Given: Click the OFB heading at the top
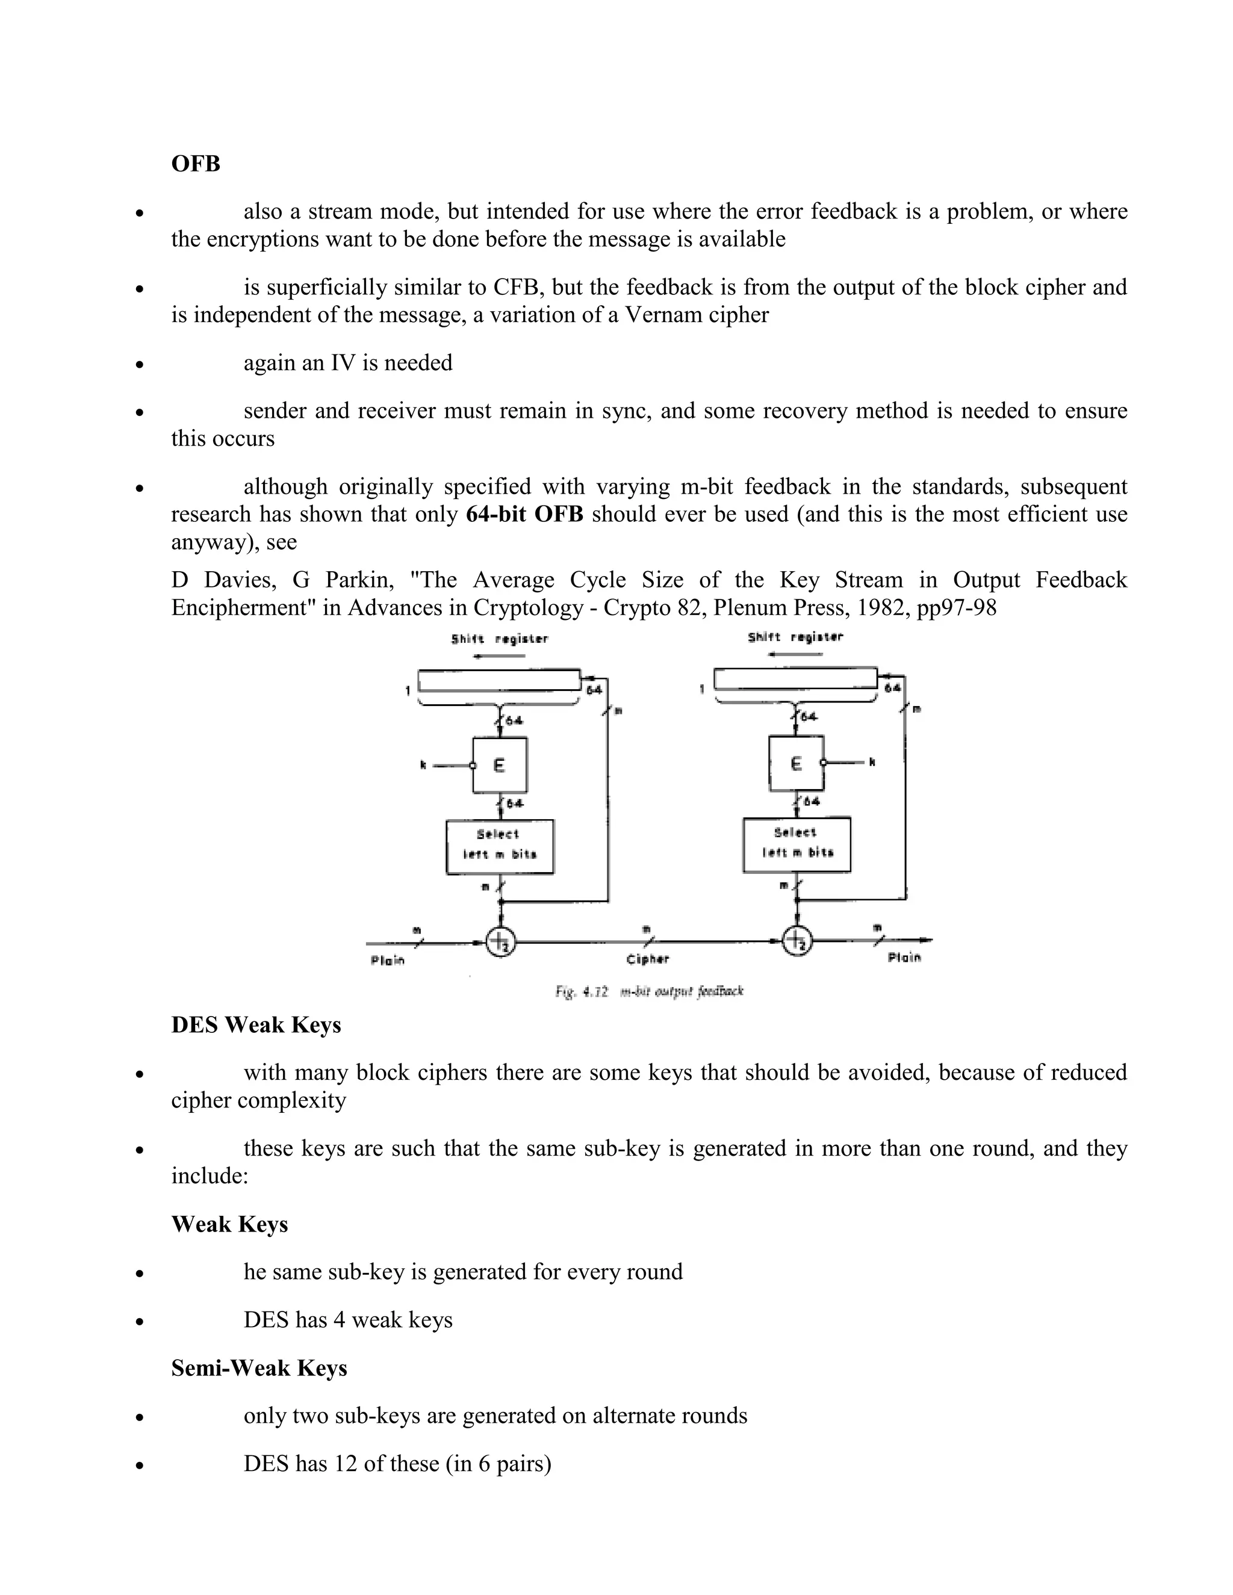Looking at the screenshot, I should pyautogui.click(x=195, y=164).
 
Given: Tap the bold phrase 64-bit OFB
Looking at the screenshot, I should pyautogui.click(x=524, y=514).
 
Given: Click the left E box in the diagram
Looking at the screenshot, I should pyautogui.click(x=500, y=764).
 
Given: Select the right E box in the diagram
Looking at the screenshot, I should pyautogui.click(x=796, y=763).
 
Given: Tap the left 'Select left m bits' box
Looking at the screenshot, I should pyautogui.click(x=500, y=846).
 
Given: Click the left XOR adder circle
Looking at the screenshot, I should pyautogui.click(x=500, y=941).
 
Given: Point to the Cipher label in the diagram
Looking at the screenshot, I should pyautogui.click(x=647, y=959).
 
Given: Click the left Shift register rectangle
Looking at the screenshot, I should pyautogui.click(x=499, y=680).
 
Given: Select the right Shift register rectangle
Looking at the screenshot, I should pyautogui.click(x=795, y=678).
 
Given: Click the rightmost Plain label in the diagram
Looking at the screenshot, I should pyautogui.click(x=904, y=958).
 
